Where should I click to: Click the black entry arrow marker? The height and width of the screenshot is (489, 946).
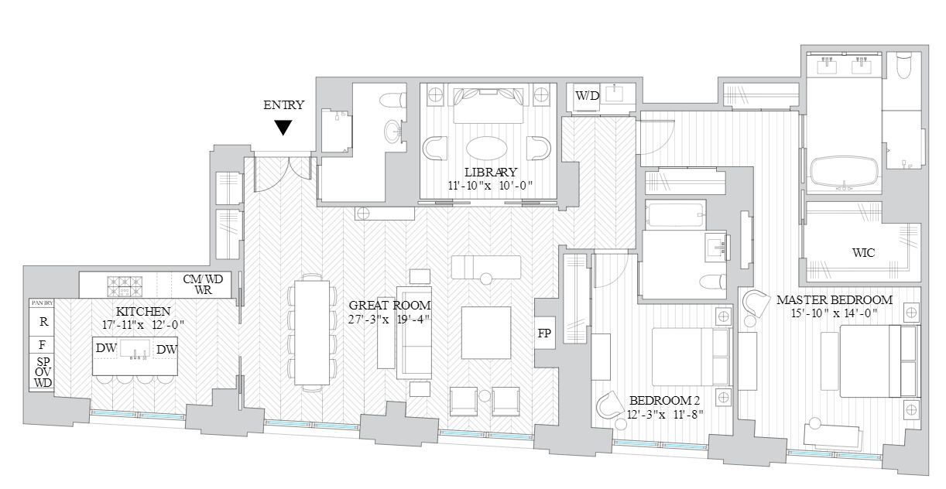click(x=284, y=128)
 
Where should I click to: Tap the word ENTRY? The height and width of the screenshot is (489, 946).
click(x=284, y=105)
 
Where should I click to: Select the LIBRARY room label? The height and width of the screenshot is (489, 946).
click(x=490, y=172)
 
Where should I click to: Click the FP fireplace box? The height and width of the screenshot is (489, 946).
click(x=545, y=333)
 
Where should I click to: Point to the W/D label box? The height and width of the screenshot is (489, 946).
click(x=587, y=96)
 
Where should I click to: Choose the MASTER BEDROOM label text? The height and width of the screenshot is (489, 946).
click(x=834, y=299)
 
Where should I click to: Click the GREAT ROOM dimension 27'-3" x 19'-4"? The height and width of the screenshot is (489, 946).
click(x=391, y=320)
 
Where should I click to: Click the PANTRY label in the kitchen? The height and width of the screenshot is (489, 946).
click(x=41, y=303)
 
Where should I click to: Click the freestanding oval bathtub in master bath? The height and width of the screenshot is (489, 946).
click(x=844, y=173)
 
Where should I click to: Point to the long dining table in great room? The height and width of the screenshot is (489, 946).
click(x=313, y=333)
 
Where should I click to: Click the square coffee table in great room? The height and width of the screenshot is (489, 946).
click(x=485, y=333)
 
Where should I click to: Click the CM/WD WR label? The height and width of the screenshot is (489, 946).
click(x=197, y=284)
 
